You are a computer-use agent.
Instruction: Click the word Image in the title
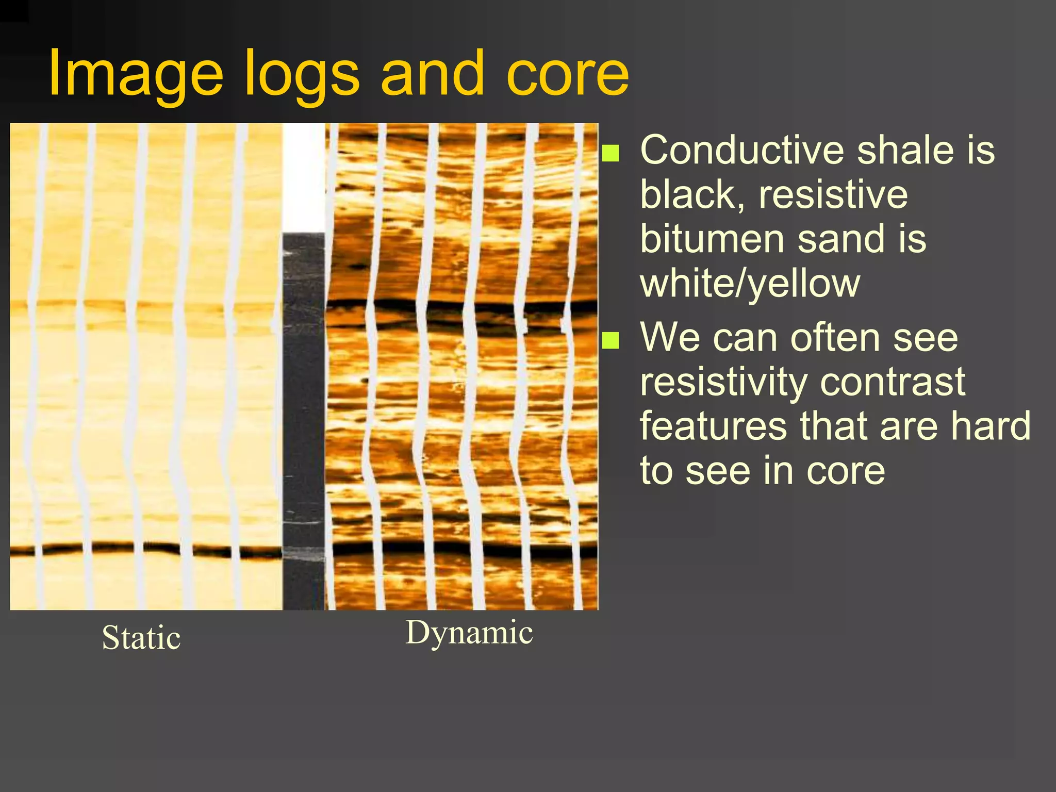(135, 74)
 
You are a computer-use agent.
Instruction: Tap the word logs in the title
(302, 74)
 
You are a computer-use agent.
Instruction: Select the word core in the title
(567, 74)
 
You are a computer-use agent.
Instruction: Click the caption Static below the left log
(141, 638)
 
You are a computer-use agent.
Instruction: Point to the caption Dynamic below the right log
(469, 633)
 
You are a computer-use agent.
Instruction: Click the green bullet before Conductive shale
(610, 153)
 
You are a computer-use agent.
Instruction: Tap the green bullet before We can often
(610, 340)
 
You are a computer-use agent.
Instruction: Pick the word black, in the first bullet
(692, 195)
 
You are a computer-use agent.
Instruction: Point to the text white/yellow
(750, 284)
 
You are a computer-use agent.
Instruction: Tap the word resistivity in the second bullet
(723, 382)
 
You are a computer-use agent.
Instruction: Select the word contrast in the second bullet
(892, 382)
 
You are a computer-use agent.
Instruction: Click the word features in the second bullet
(713, 426)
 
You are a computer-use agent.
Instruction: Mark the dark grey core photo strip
(304, 412)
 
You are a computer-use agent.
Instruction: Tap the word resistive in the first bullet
(833, 195)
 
